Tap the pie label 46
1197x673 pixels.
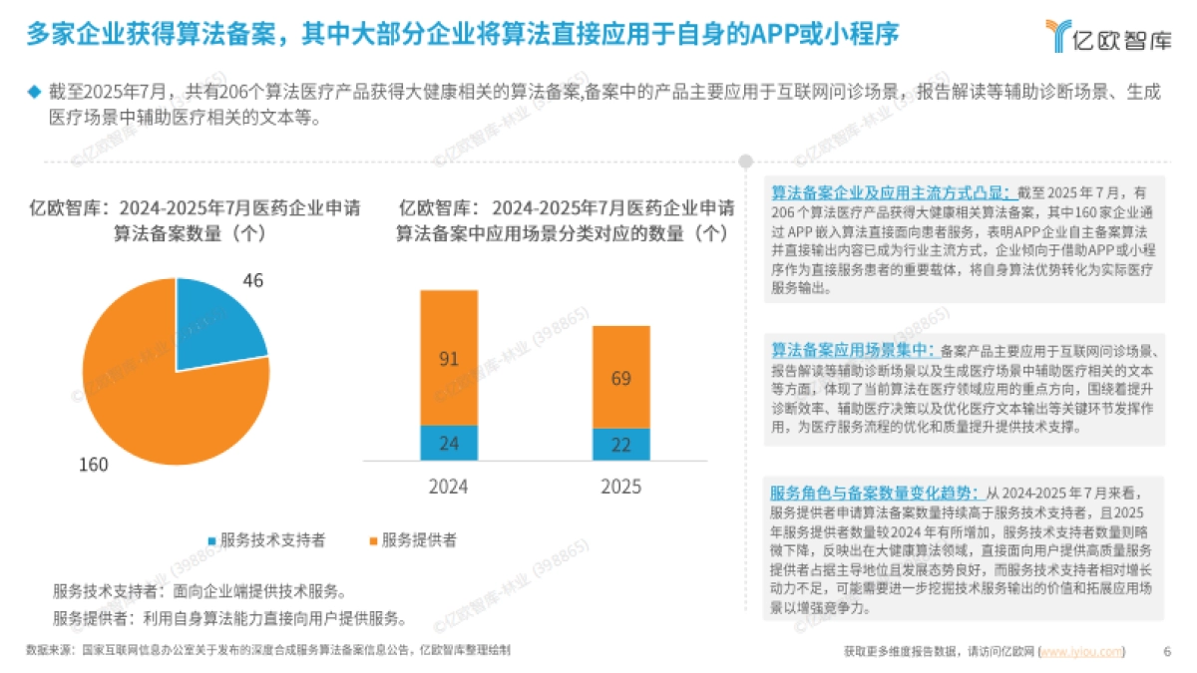click(x=253, y=281)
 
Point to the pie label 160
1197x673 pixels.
click(x=94, y=465)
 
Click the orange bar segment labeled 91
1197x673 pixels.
click(x=449, y=358)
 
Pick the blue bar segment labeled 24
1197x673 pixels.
click(x=449, y=443)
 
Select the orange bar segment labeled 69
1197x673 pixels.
click(x=620, y=378)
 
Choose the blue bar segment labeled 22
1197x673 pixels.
click(x=620, y=445)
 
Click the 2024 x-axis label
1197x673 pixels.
click(x=448, y=488)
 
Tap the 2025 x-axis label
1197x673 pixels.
click(x=620, y=488)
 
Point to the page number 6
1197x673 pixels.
click(x=1167, y=652)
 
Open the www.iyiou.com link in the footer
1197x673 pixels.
click(x=1081, y=652)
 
